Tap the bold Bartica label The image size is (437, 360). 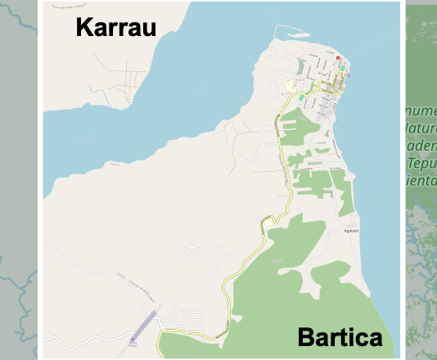click(x=340, y=337)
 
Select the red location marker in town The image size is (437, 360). click(x=336, y=58)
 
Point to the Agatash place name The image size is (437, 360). click(x=351, y=231)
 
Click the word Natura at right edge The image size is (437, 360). click(x=419, y=128)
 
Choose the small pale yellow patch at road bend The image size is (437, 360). click(x=267, y=219)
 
